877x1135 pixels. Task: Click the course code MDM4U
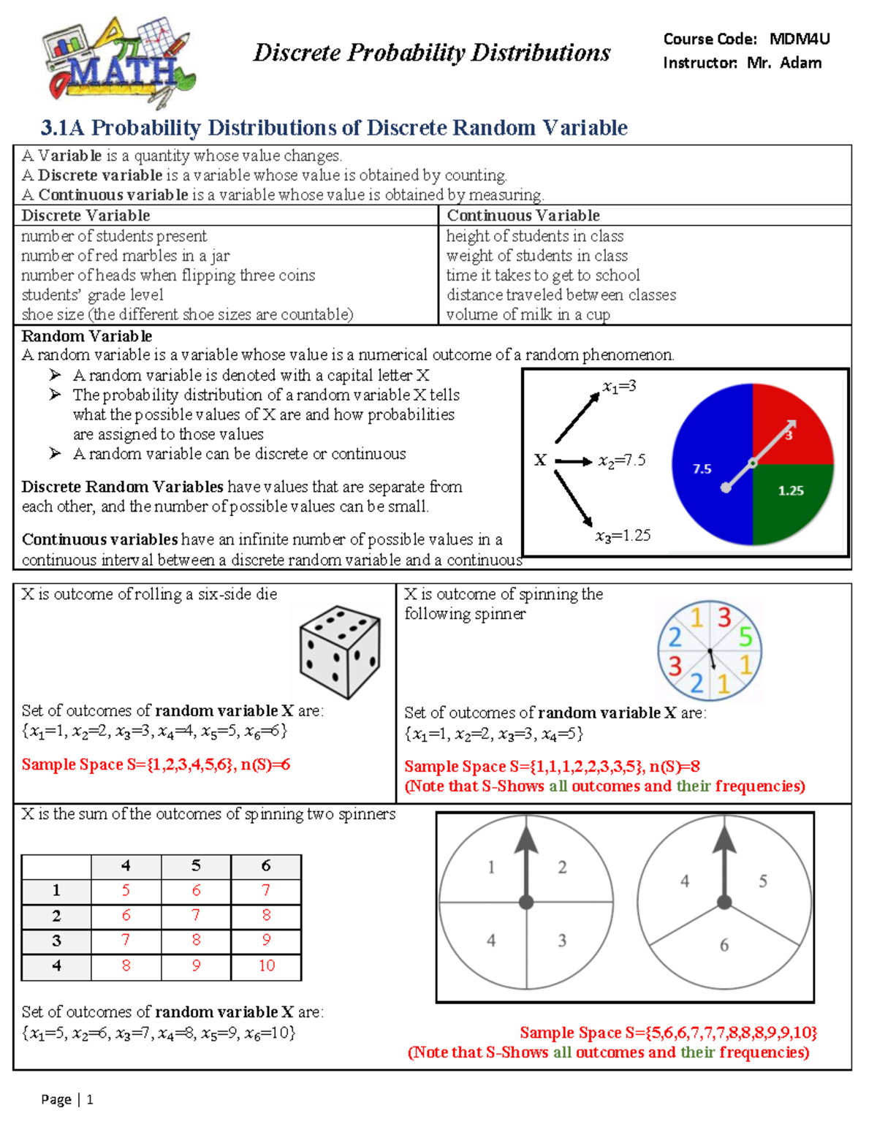[800, 39]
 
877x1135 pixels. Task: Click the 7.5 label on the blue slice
[702, 469]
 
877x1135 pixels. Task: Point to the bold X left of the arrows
[540, 460]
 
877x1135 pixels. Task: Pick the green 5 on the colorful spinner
[745, 637]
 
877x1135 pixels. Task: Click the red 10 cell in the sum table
[266, 965]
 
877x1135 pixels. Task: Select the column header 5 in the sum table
[196, 866]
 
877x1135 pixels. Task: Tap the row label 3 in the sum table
[56, 941]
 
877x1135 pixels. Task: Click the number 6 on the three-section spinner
[724, 945]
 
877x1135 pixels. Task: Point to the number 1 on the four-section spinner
[491, 868]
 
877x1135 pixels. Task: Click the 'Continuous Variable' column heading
[523, 216]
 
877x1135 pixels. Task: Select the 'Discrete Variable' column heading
[86, 216]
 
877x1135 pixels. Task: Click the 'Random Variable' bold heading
[87, 336]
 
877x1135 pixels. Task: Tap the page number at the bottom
[90, 1099]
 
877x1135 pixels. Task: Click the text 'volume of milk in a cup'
[528, 315]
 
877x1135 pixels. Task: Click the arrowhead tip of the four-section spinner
[526, 826]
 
